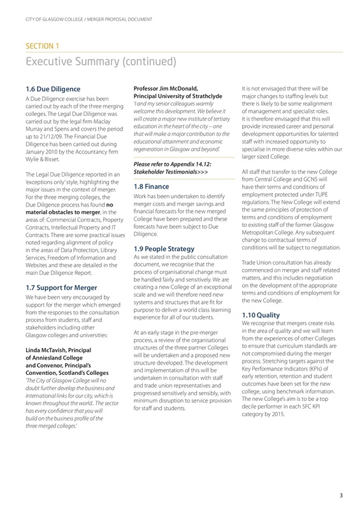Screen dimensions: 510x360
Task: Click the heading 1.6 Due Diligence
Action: click(53, 89)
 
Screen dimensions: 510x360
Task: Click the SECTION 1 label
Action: click(41, 46)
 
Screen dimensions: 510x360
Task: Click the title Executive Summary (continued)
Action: click(99, 61)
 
